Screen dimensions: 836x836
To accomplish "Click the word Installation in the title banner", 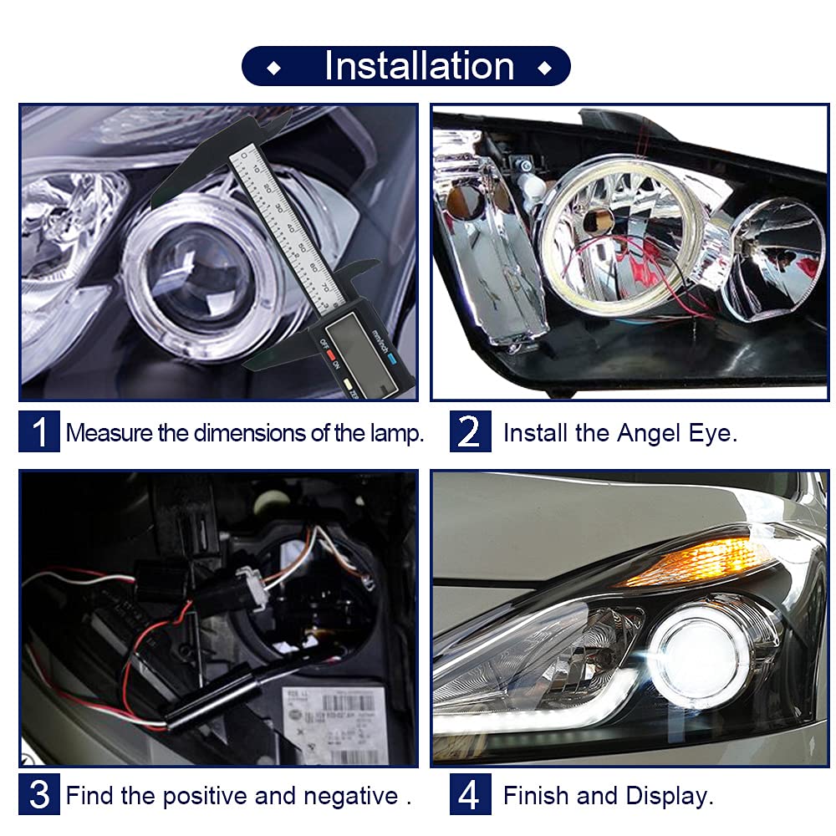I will [419, 66].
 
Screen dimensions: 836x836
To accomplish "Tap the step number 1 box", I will [39, 431].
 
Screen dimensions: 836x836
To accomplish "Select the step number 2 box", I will [470, 431].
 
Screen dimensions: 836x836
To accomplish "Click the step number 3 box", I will [39, 794].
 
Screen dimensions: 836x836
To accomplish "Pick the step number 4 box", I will [470, 794].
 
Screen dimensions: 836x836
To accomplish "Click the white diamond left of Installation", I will [274, 69].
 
